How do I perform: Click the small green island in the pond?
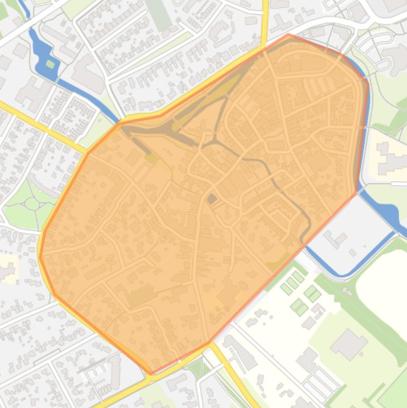[x=50, y=64]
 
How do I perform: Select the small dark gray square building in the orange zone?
[x=212, y=199]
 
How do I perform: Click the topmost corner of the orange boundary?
[x=288, y=34]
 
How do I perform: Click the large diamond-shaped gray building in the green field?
[x=349, y=344]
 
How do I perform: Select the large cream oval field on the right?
[x=384, y=286]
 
